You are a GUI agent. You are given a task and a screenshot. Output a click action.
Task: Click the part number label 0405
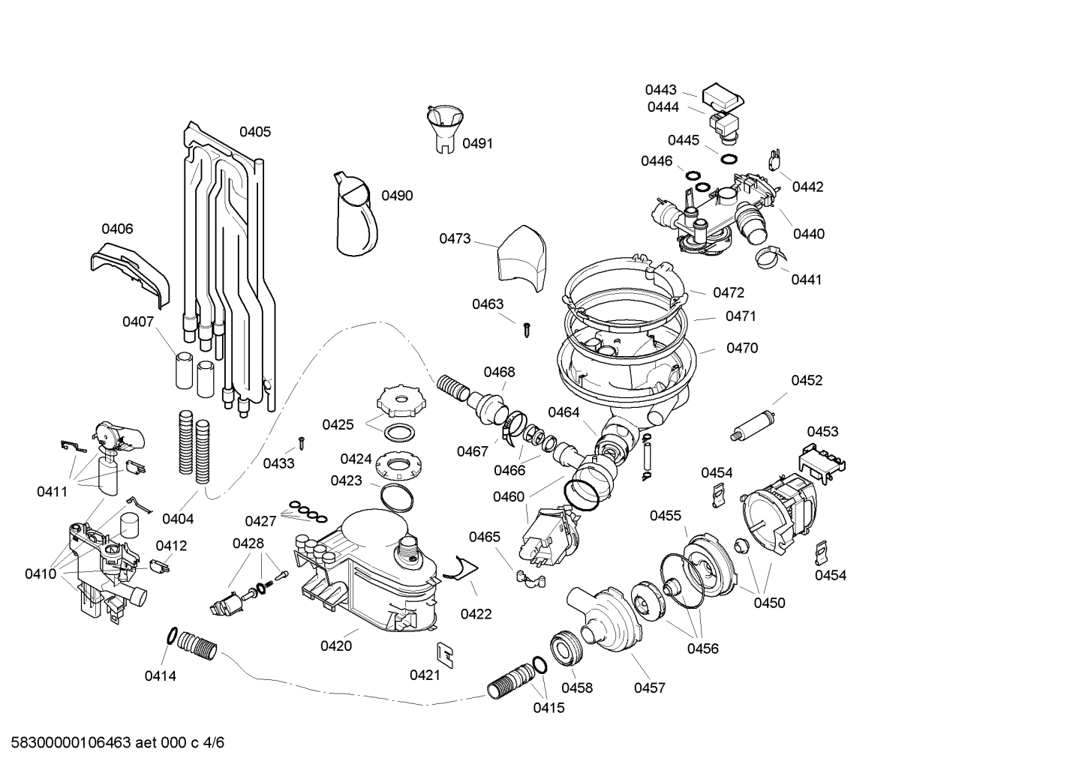click(255, 132)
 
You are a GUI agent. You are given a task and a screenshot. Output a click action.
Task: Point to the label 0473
click(455, 238)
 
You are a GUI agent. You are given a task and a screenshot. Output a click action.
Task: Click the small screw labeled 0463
click(527, 327)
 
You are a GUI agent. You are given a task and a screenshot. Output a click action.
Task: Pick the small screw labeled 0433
click(301, 442)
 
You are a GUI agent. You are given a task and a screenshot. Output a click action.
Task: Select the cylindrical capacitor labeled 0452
click(755, 424)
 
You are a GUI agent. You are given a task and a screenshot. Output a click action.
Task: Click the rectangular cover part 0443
click(721, 95)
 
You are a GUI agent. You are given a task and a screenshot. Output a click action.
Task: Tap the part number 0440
click(808, 234)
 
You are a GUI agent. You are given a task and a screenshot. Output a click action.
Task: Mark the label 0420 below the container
click(336, 646)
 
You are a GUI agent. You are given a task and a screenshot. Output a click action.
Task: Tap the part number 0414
click(160, 676)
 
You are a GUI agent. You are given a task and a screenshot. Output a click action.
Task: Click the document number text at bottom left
click(113, 743)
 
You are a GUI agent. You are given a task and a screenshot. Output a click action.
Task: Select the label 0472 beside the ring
click(728, 292)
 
